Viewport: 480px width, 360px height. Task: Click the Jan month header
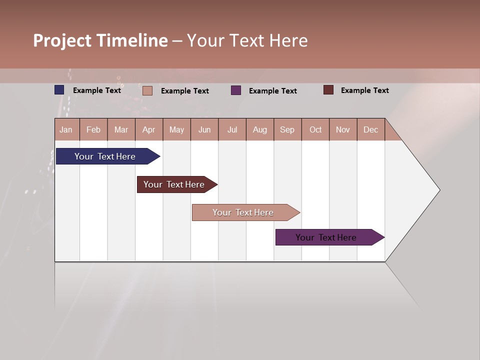click(66, 129)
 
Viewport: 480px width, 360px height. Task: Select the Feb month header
click(93, 129)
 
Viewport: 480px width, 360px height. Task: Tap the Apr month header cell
click(148, 129)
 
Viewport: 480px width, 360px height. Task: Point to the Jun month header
click(204, 129)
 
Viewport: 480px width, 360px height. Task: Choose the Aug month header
click(259, 129)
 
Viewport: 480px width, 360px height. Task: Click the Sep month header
click(287, 129)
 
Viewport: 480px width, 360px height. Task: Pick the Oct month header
click(315, 129)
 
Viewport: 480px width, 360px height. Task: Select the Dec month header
click(370, 129)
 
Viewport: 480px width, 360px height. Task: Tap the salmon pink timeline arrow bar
click(243, 212)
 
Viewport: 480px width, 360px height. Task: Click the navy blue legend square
click(59, 90)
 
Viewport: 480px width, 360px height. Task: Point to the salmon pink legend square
click(147, 90)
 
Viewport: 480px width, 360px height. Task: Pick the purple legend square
click(236, 90)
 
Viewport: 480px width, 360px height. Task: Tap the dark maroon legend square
click(328, 90)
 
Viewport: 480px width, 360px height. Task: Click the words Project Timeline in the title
click(100, 40)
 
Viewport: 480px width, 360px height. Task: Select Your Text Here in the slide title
click(247, 40)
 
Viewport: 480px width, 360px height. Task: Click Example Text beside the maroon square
click(364, 90)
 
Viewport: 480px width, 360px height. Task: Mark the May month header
click(176, 129)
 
